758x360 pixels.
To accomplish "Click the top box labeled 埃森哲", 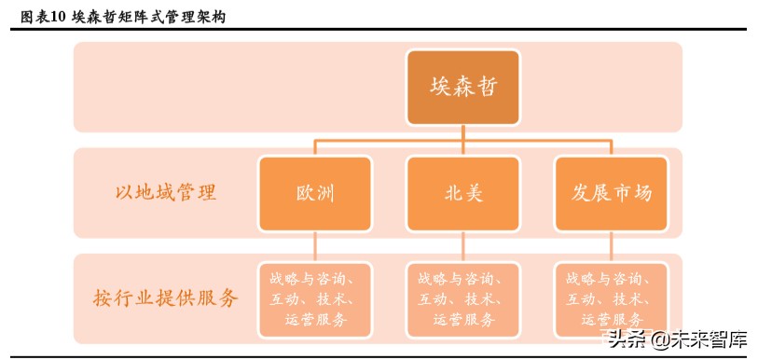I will coord(463,87).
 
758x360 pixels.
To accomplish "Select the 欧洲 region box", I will coord(315,194).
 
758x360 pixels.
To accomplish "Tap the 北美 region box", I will coord(463,194).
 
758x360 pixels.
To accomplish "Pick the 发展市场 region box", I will coord(612,194).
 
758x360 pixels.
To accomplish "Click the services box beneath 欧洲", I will coord(315,298).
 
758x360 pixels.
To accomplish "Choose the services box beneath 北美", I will coord(463,298).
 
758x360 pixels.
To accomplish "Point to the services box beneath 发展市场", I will coord(612,298).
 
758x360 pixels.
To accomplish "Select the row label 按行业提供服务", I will coord(166,298).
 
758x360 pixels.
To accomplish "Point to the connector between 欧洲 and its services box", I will coord(315,247).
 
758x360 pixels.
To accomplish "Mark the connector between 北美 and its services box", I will coord(463,247).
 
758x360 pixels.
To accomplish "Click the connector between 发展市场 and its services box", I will coord(612,247).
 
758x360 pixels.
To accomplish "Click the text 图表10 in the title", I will coord(43,17).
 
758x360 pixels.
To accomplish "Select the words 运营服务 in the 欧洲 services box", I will coord(315,320).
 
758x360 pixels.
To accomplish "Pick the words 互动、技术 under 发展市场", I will coord(606,299).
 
